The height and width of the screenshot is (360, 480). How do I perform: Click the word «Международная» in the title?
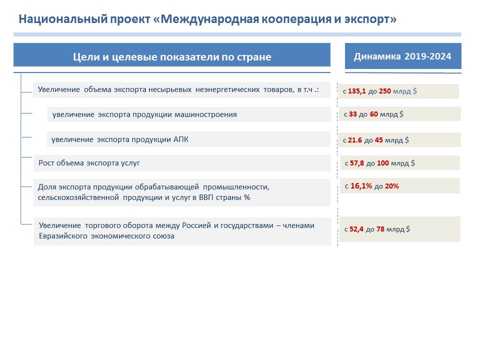click(209, 19)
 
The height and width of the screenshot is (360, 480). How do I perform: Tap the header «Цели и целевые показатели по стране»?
click(172, 57)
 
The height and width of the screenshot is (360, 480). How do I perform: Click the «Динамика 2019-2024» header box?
click(403, 56)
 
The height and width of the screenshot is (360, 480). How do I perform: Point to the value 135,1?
click(356, 91)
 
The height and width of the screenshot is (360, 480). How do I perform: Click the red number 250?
click(385, 91)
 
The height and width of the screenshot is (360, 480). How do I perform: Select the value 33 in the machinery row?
click(352, 114)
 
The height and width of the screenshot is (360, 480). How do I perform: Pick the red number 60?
click(374, 114)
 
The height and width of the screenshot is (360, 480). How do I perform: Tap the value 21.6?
click(355, 140)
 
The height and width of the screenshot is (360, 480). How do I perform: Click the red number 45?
click(378, 140)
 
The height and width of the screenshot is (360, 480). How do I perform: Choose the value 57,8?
click(357, 163)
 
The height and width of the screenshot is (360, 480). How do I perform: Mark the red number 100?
click(382, 163)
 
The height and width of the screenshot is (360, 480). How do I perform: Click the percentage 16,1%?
click(361, 186)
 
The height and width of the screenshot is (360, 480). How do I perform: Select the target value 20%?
click(392, 186)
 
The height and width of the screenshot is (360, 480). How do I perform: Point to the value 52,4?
click(356, 229)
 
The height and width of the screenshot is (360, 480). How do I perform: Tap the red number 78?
click(380, 229)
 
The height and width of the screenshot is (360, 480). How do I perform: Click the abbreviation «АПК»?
click(181, 139)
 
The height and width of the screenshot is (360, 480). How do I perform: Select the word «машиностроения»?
click(205, 115)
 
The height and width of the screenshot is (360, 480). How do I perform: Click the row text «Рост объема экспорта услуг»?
click(89, 163)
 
